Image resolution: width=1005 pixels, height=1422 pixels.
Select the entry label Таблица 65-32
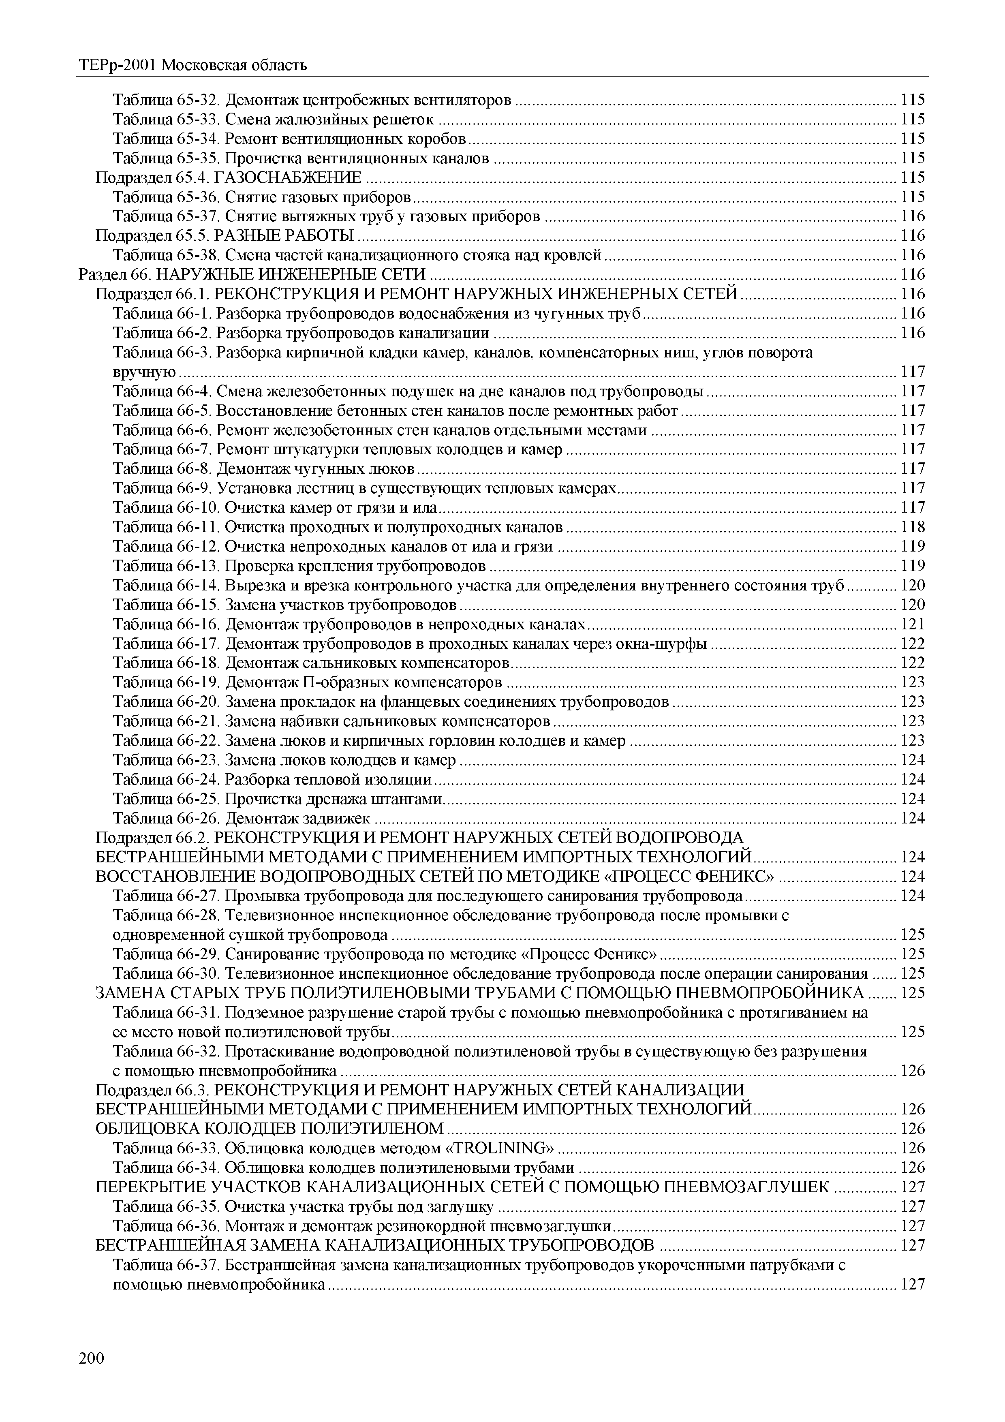pyautogui.click(x=166, y=100)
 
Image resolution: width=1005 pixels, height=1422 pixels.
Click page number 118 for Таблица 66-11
pyautogui.click(x=913, y=527)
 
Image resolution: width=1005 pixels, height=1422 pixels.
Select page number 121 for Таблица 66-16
pyautogui.click(x=913, y=624)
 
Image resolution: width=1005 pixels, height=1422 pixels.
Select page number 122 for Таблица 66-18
pyautogui.click(x=913, y=663)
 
